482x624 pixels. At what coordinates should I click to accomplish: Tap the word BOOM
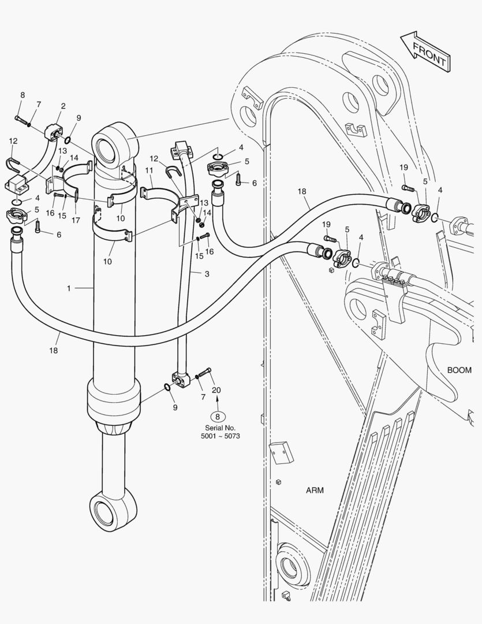[459, 370]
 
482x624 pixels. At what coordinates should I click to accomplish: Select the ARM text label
[315, 491]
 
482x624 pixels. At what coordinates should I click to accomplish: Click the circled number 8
[217, 417]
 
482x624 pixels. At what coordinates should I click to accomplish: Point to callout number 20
[216, 390]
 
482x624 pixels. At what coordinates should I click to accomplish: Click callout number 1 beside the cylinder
[69, 288]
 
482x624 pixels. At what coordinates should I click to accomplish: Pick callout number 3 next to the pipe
[207, 274]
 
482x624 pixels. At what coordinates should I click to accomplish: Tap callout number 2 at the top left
[63, 106]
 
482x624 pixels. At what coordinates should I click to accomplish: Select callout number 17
[76, 220]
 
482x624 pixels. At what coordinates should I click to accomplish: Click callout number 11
[149, 170]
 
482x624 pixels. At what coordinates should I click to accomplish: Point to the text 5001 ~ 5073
[221, 436]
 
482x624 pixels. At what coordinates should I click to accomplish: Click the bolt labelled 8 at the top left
[22, 120]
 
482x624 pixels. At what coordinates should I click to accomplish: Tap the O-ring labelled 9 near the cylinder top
[68, 140]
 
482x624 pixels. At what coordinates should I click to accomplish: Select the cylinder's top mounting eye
[115, 144]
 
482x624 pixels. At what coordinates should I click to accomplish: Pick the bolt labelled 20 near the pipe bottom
[204, 373]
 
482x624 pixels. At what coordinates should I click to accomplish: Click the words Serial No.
[221, 428]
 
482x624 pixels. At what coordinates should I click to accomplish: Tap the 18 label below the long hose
[53, 350]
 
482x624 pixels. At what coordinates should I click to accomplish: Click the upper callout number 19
[403, 168]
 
